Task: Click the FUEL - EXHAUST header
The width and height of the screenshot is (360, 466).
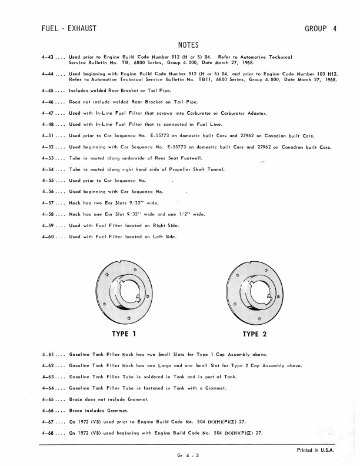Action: [70, 28]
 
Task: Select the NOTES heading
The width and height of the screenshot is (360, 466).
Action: [188, 45]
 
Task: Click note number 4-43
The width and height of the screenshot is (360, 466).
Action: [48, 57]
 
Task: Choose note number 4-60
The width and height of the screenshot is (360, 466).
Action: [48, 237]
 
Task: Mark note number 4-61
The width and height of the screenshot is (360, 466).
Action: [48, 355]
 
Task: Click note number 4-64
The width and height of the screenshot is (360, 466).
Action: [48, 388]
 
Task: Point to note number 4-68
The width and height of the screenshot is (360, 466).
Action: [48, 433]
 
